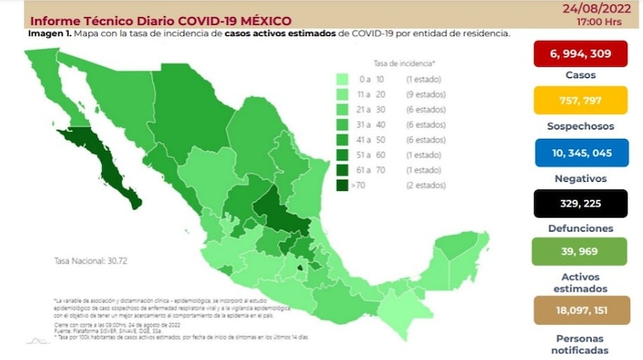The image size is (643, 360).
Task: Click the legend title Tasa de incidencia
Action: tap(404, 63)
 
